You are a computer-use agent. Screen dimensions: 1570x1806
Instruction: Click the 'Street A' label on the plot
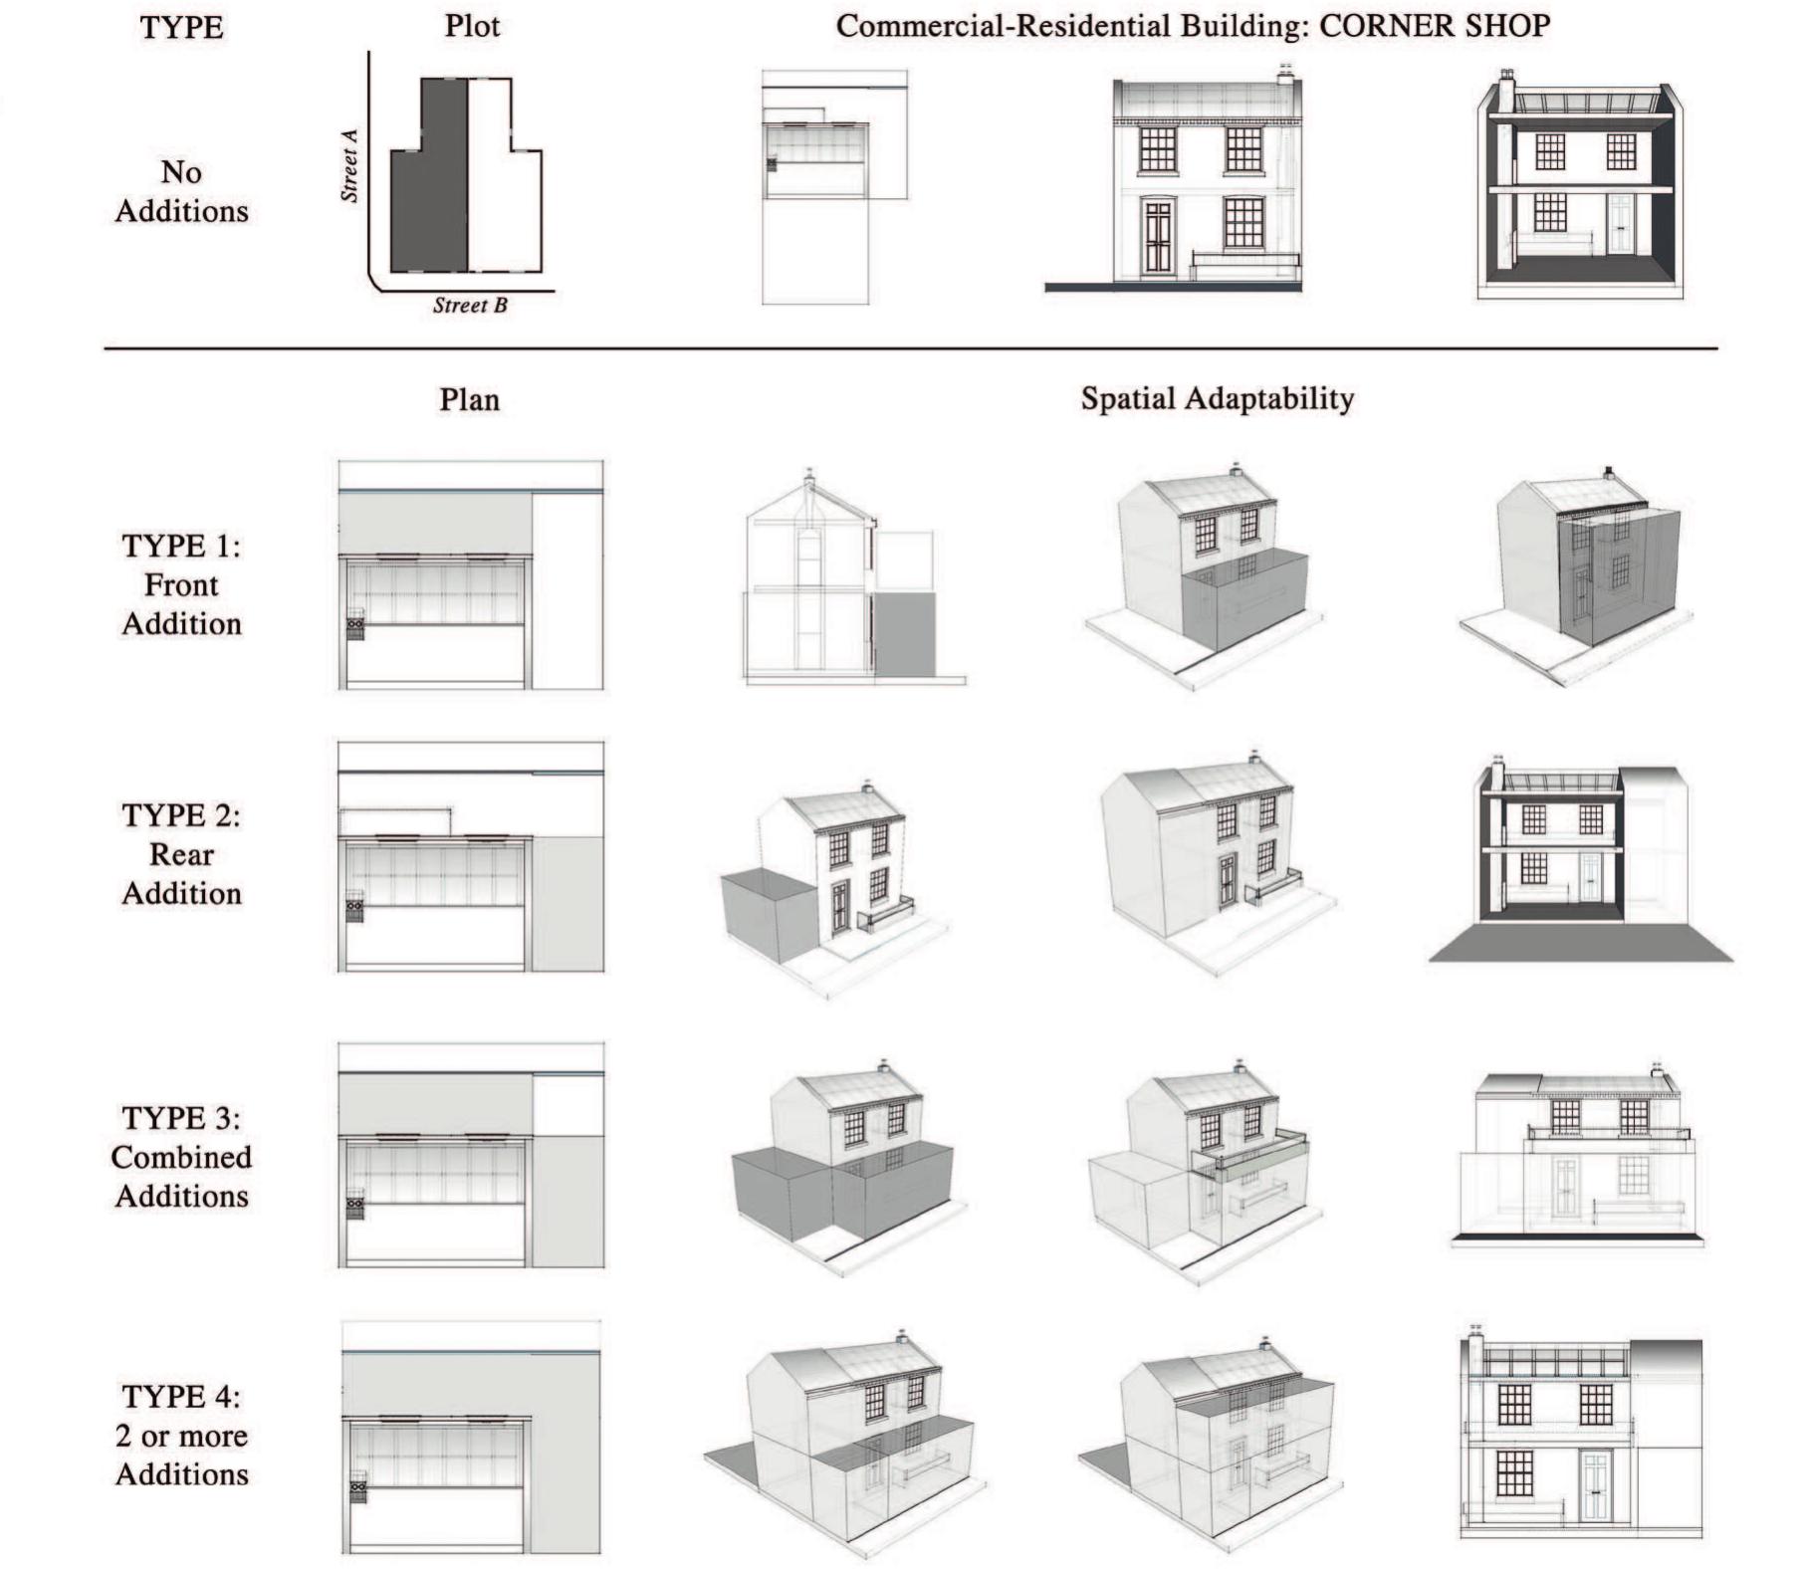click(349, 165)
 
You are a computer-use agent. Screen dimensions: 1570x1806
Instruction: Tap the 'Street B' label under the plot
click(470, 306)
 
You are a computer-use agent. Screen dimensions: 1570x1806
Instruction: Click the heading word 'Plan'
click(469, 400)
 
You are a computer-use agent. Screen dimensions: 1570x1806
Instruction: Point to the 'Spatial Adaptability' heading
click(1217, 399)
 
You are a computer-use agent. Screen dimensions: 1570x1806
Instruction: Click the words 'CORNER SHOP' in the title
click(1434, 26)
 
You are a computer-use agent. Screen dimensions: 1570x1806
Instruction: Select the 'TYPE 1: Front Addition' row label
click(181, 584)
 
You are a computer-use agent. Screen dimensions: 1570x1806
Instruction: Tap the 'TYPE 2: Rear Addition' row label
click(181, 854)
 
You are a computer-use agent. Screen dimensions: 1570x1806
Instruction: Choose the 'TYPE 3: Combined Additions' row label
click(181, 1157)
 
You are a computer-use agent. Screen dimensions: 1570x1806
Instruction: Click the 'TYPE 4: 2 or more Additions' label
click(181, 1436)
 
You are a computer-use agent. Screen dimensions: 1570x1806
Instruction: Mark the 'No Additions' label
click(181, 191)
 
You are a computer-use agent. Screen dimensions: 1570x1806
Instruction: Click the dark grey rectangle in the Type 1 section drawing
click(905, 635)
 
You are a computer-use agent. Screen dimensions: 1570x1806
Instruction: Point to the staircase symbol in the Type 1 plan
click(354, 628)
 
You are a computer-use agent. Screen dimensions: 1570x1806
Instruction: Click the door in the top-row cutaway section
click(1620, 225)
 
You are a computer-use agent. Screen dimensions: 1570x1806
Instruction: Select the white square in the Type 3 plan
click(568, 1105)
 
